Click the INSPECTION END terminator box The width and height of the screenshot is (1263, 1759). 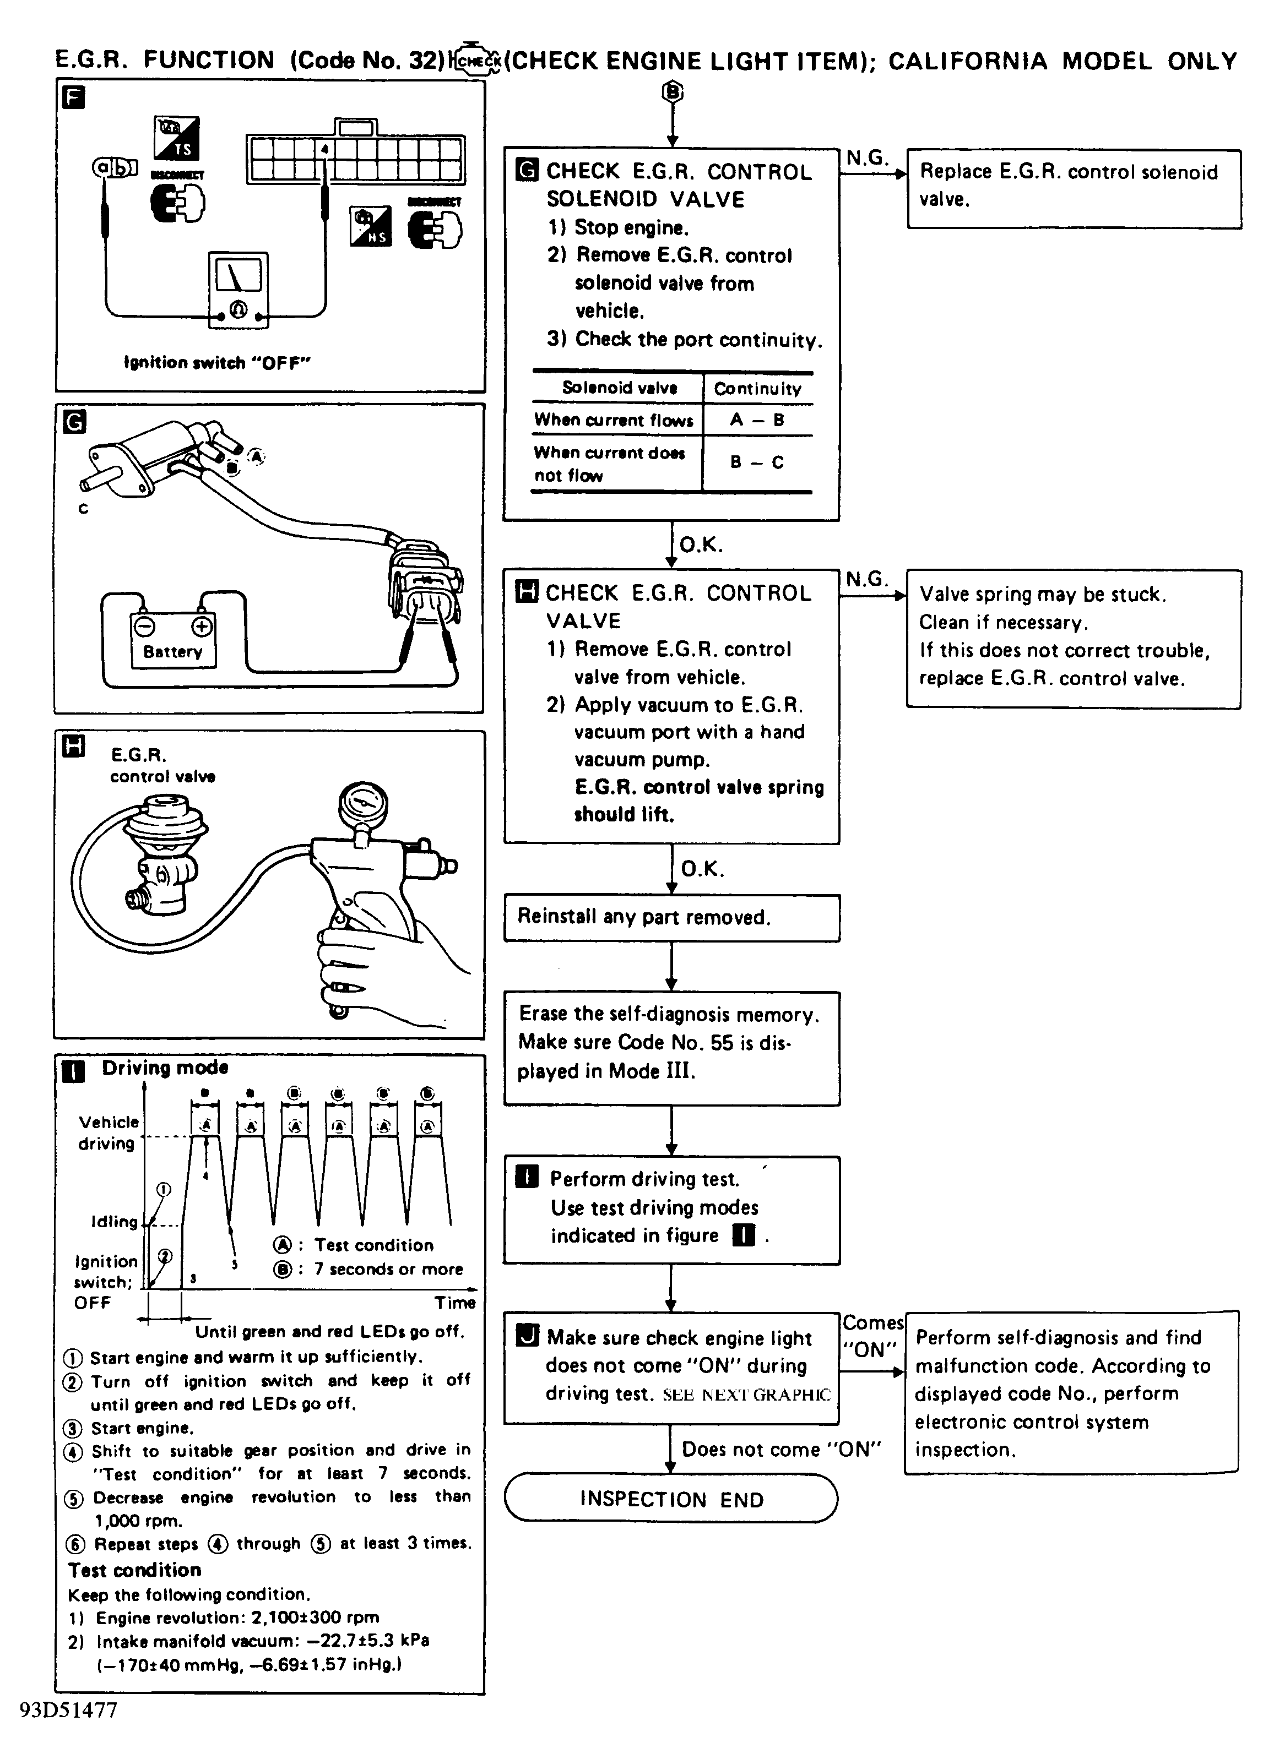click(671, 1499)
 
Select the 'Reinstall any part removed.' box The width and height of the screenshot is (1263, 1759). click(671, 918)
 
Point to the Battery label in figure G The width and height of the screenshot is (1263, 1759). click(172, 651)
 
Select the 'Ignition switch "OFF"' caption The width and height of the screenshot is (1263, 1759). click(217, 362)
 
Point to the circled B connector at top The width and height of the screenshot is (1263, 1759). click(672, 92)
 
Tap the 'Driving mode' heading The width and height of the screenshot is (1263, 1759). click(165, 1068)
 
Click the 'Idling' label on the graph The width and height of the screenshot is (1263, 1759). click(114, 1222)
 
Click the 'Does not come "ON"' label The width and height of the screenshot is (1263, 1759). click(781, 1449)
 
